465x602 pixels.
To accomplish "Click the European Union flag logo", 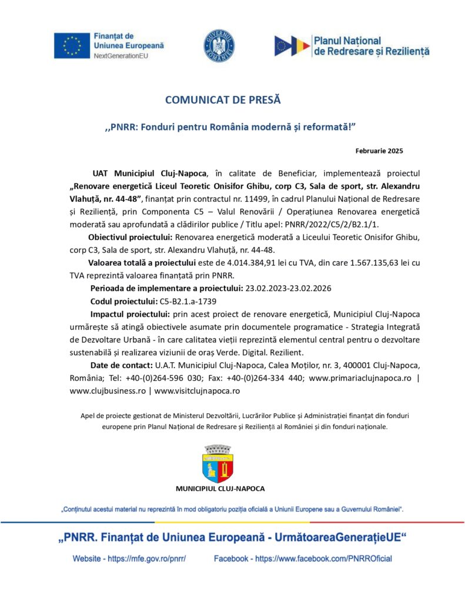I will [72, 46].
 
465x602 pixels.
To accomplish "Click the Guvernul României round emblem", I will [219, 46].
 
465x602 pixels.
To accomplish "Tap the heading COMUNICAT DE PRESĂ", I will [223, 100].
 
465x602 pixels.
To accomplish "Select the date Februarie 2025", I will [379, 151].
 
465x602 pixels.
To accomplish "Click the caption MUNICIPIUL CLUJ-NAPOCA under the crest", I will [220, 489].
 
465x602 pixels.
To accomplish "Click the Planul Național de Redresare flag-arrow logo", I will [292, 46].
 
